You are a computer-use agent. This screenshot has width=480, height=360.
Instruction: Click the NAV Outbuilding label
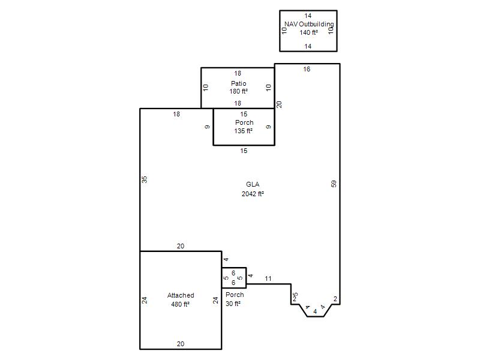click(x=309, y=24)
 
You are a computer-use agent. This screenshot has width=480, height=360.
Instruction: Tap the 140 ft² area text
click(x=308, y=32)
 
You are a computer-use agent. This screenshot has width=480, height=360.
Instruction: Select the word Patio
click(x=238, y=83)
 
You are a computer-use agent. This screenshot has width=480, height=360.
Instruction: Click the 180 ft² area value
click(x=238, y=91)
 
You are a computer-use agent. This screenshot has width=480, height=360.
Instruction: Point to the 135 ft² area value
click(x=244, y=131)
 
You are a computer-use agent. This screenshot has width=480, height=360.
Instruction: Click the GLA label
click(x=253, y=184)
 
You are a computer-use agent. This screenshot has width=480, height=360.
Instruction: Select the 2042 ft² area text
click(x=253, y=194)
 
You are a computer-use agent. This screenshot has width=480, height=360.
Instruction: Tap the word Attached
click(x=181, y=295)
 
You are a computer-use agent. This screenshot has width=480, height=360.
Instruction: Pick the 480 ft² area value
click(x=181, y=304)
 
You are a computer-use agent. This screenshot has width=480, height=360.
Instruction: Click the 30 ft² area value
click(x=233, y=304)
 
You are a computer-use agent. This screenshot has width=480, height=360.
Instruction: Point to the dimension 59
click(x=334, y=184)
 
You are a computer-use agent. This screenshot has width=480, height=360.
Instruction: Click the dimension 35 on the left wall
click(x=145, y=179)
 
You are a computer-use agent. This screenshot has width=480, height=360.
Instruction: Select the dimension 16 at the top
click(x=307, y=69)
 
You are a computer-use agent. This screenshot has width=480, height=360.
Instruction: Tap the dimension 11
click(x=268, y=278)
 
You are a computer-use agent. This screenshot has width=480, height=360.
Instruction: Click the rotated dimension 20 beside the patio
click(x=279, y=104)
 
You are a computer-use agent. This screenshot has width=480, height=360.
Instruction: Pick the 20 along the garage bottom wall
click(x=181, y=344)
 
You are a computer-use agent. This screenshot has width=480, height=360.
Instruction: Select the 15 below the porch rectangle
click(x=244, y=151)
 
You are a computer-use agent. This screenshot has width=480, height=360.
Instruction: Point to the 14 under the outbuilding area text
click(x=308, y=46)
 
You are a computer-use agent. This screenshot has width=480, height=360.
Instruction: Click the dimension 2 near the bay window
click(x=335, y=299)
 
